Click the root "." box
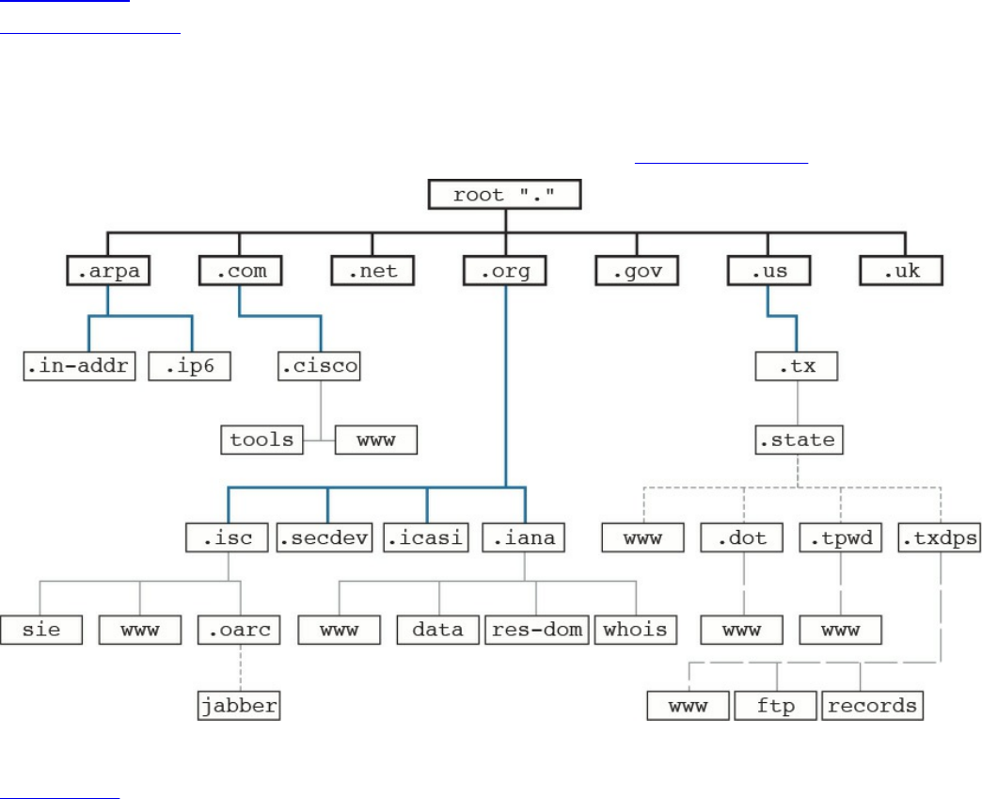[x=504, y=195]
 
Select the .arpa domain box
[x=108, y=271]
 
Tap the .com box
[x=240, y=271]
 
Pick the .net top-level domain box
[x=372, y=271]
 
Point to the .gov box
[x=637, y=271]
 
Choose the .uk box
[x=901, y=271]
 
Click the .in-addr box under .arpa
[x=80, y=365]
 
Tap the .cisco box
[x=320, y=365]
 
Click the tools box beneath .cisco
[x=262, y=439]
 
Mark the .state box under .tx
[x=798, y=439]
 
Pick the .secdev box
[x=325, y=538]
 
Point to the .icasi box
[x=426, y=538]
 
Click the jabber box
[x=240, y=705]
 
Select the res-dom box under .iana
[x=536, y=630]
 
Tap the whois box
[x=635, y=630]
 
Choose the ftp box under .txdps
[x=775, y=705]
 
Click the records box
[x=873, y=705]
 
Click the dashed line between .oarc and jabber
[x=240, y=668]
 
